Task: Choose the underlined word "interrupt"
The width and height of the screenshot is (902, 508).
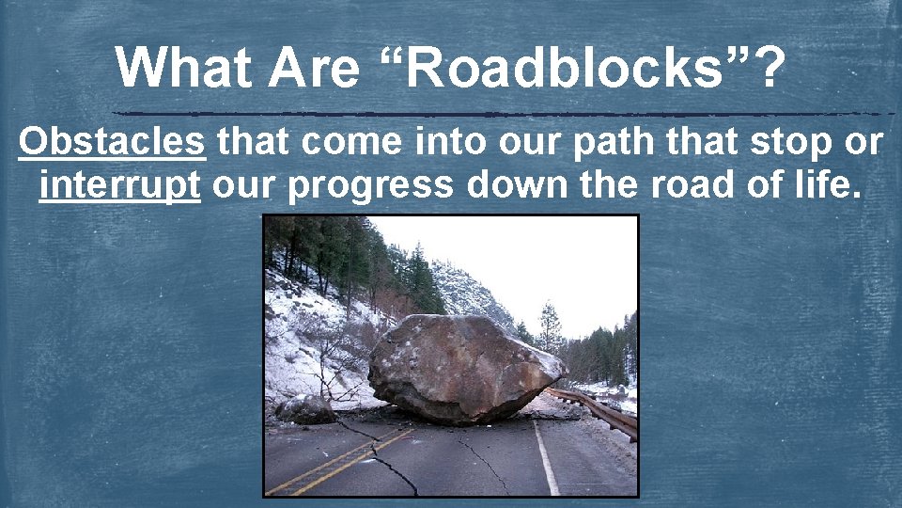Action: pos(120,185)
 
